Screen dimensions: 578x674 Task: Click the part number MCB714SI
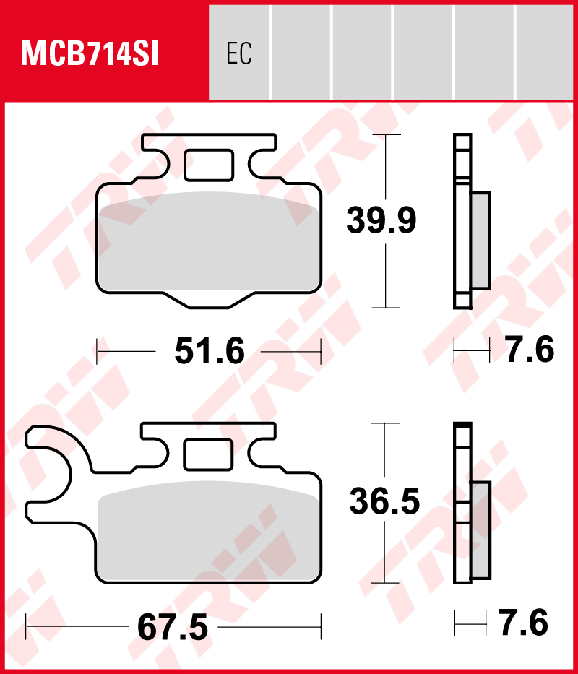pos(90,54)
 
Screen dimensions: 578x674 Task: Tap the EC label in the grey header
pos(239,53)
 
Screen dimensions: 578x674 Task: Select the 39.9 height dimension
pos(381,220)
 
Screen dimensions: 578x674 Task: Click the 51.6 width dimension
pos(210,351)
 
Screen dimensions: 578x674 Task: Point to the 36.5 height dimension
pos(384,501)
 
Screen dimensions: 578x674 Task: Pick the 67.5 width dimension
pos(173,627)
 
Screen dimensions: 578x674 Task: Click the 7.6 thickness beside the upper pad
pos(530,350)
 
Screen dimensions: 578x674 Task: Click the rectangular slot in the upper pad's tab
pos(209,165)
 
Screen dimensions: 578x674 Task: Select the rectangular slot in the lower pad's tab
pos(209,454)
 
